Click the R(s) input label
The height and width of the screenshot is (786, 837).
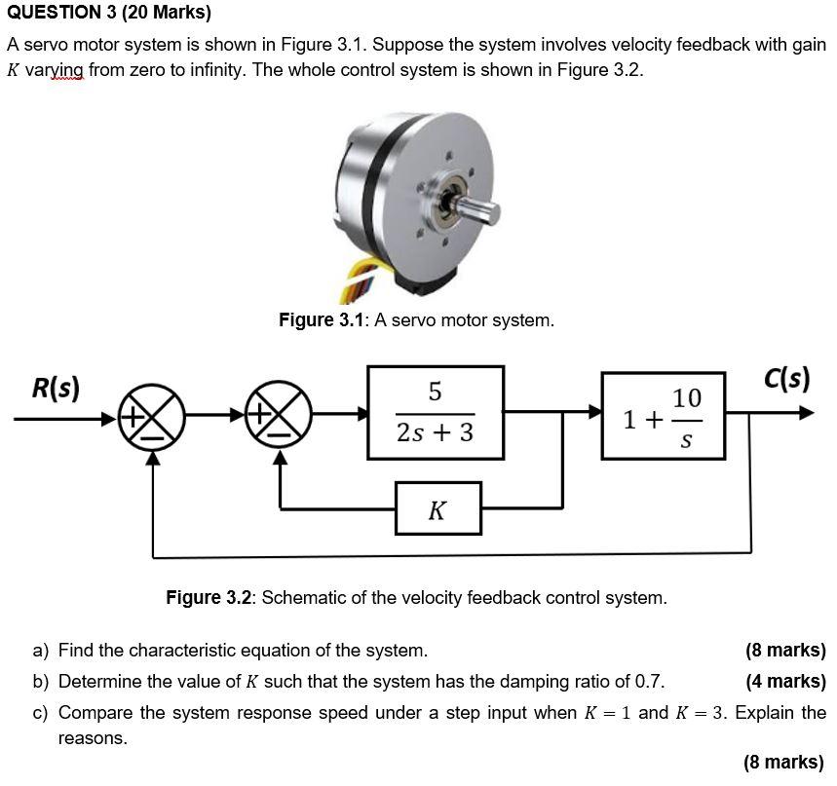(56, 388)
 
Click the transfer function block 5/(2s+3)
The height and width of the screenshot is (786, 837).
(436, 412)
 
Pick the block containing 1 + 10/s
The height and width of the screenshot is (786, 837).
(664, 415)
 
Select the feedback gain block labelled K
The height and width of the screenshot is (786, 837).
(438, 508)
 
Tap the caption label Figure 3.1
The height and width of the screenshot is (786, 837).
(321, 320)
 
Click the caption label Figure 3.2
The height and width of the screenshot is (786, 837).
(209, 597)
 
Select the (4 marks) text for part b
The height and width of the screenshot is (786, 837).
(784, 681)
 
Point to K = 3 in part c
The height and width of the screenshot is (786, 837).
(702, 712)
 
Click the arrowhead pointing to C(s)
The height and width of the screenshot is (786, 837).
(804, 413)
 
